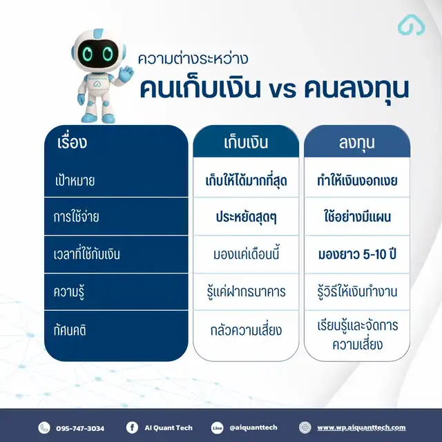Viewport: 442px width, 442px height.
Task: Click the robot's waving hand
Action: (x=126, y=74)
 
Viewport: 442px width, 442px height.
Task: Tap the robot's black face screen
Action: (x=97, y=52)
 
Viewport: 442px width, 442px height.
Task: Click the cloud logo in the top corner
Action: (x=412, y=25)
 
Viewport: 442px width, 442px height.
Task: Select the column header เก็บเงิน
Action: (x=246, y=142)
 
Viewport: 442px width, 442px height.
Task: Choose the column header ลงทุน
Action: (x=357, y=143)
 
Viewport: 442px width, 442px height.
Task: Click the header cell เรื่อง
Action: (x=72, y=142)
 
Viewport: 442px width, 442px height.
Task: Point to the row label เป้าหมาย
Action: (x=75, y=180)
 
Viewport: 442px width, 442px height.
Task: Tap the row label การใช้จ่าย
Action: (x=76, y=216)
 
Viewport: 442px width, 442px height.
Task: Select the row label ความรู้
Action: (x=69, y=291)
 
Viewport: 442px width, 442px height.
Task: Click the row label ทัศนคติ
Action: (x=70, y=330)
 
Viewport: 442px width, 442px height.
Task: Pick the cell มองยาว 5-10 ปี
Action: (x=357, y=254)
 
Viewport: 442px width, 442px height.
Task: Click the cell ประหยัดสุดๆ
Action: (x=246, y=217)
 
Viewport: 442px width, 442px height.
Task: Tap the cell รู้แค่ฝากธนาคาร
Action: (x=246, y=291)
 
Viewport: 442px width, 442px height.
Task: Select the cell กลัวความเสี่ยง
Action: (x=246, y=330)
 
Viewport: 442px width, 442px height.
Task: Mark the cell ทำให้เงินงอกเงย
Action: (x=357, y=180)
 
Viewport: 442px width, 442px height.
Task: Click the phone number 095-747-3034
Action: (x=80, y=428)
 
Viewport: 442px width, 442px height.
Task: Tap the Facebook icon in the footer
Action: (x=132, y=427)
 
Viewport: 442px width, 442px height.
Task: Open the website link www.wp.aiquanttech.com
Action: (x=361, y=428)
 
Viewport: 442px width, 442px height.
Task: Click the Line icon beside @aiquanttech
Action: (x=217, y=427)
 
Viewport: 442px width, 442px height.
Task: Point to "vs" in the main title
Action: (x=282, y=90)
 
